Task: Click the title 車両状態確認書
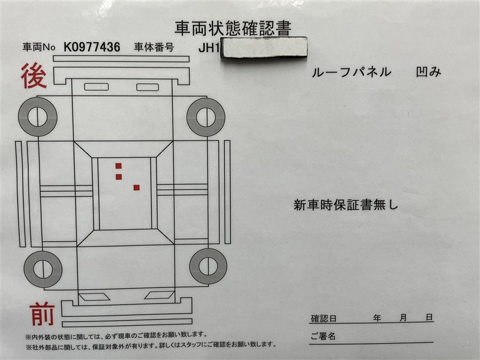click(233, 28)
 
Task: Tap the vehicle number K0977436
click(92, 47)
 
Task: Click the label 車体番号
click(154, 47)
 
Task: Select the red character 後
click(34, 76)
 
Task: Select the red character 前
click(42, 314)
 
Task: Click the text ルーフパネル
click(352, 72)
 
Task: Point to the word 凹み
click(428, 71)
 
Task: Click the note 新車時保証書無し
click(346, 205)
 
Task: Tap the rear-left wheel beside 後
click(37, 116)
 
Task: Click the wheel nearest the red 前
click(43, 269)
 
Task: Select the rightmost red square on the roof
click(137, 188)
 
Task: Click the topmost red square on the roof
click(118, 166)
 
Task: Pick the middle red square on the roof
click(119, 177)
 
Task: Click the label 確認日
click(323, 319)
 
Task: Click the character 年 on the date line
click(377, 318)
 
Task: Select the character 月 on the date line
click(403, 317)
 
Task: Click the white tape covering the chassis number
click(265, 47)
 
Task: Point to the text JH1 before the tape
click(209, 48)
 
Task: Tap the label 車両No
click(39, 47)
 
